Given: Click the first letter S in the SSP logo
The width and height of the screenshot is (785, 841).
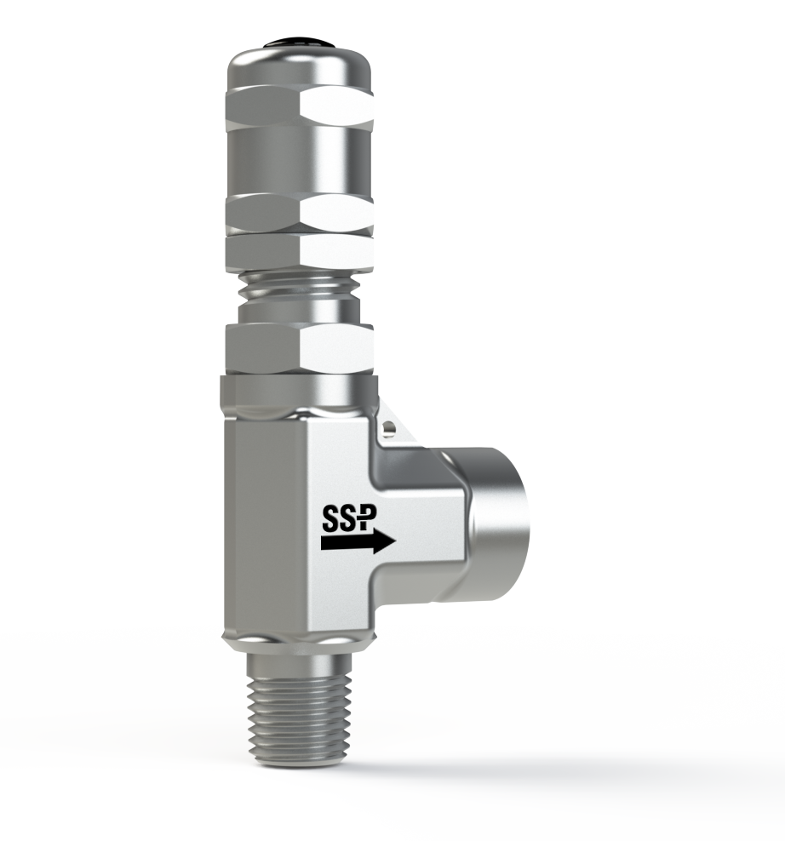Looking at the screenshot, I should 333,519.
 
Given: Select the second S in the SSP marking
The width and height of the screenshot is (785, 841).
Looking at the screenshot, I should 352,519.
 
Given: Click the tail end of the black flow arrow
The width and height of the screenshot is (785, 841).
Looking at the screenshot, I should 326,541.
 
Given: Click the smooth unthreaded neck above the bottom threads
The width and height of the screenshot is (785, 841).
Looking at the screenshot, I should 294,661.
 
